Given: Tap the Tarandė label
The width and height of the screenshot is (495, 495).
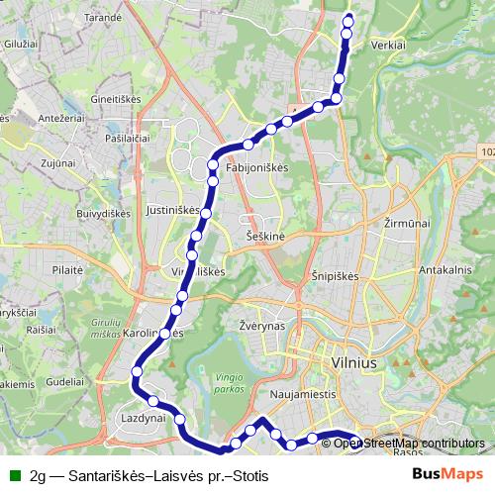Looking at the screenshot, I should [104, 18].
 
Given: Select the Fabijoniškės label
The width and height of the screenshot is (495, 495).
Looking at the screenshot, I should [256, 168].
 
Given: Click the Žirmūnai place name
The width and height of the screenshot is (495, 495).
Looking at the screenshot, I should [406, 225].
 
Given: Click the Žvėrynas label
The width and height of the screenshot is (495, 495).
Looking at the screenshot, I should [262, 325].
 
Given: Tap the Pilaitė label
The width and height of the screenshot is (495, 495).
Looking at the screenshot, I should [67, 268].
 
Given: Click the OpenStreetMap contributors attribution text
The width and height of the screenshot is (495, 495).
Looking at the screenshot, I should [409, 444].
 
